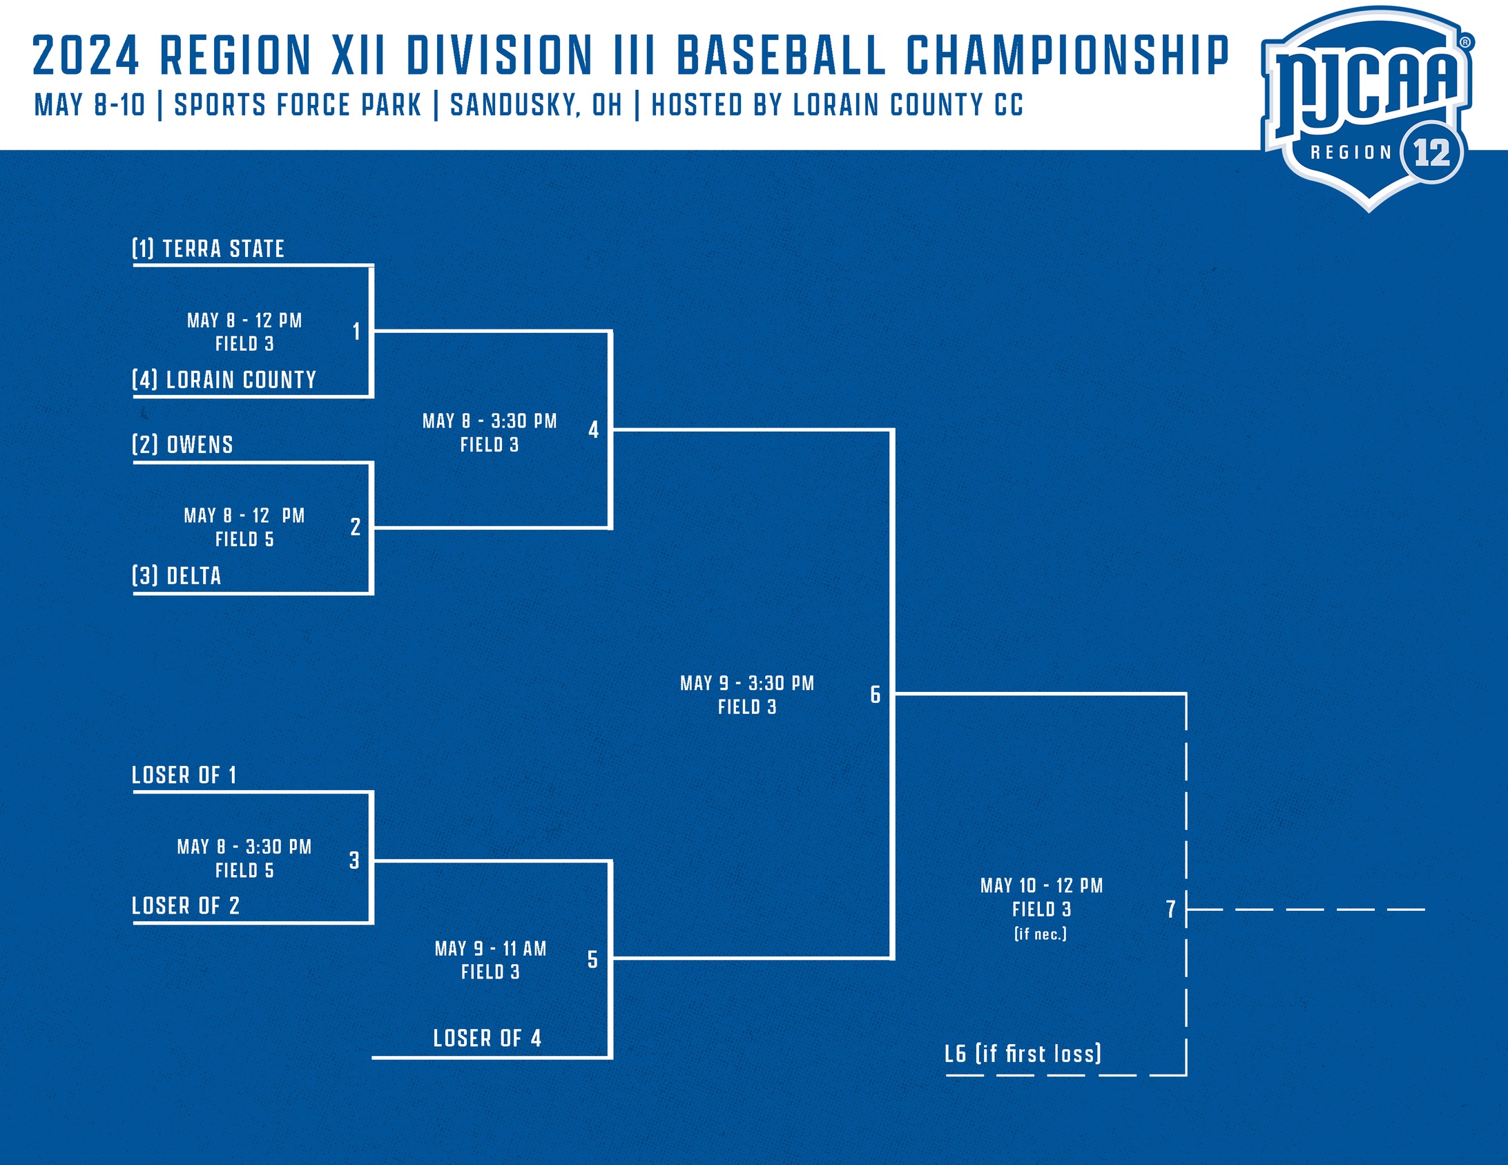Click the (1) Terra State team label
tap(208, 249)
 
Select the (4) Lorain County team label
tap(224, 380)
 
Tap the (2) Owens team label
tap(182, 445)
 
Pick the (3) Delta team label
tap(176, 576)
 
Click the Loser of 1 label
tap(184, 775)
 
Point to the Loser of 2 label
tap(186, 905)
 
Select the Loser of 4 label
tap(487, 1038)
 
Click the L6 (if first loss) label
tap(1023, 1054)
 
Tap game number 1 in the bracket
tap(356, 331)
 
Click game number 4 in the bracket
tap(593, 430)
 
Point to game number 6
tap(875, 694)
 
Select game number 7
tap(1170, 909)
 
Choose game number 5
tap(592, 959)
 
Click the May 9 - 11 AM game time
tap(490, 949)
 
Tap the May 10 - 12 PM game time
tap(1041, 885)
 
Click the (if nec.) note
tap(1041, 934)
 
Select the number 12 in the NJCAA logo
tap(1431, 153)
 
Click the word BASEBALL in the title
tap(781, 55)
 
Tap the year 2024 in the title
tap(86, 55)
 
